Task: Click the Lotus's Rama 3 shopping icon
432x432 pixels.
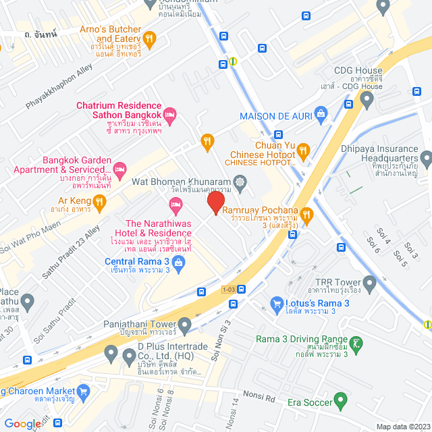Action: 276,304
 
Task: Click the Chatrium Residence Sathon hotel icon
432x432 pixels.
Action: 170,115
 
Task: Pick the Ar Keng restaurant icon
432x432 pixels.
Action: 99,200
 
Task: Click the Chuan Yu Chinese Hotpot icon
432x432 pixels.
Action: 303,150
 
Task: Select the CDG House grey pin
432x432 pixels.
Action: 367,100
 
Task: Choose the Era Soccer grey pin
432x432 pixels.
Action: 341,403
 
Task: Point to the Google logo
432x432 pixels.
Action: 22,424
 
